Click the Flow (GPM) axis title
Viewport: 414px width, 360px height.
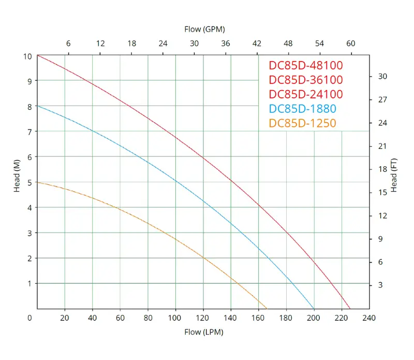click(204, 29)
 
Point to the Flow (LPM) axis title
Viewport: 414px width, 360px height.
click(204, 332)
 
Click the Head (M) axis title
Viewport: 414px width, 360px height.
click(17, 176)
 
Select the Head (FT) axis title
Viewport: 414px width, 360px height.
click(394, 175)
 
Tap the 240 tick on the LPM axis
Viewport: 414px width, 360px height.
click(369, 318)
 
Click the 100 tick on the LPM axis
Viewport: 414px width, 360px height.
click(175, 318)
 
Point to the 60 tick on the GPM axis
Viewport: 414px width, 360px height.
click(351, 44)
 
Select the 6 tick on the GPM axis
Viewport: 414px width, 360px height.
click(68, 44)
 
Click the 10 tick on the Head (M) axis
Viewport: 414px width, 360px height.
click(27, 56)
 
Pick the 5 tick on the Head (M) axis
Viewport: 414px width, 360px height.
click(29, 182)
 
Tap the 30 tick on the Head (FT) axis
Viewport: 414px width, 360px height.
click(383, 76)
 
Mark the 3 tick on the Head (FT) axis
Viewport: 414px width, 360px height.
click(380, 285)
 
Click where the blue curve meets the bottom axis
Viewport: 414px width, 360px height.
click(314, 308)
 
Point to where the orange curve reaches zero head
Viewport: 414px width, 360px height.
click(267, 308)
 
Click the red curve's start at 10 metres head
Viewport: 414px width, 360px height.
click(38, 55)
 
